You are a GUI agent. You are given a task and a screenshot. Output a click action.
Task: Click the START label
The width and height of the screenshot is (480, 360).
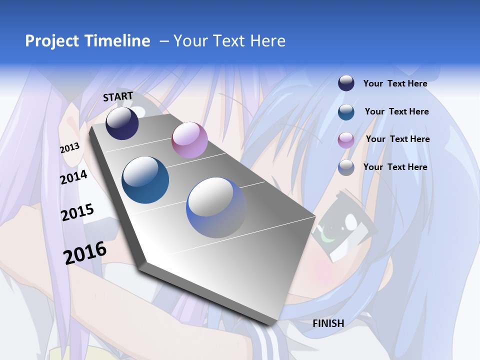click(x=118, y=96)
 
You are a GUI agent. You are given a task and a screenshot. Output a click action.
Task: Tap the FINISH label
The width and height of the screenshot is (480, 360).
click(x=328, y=323)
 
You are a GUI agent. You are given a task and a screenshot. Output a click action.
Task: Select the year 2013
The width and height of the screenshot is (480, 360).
click(x=70, y=148)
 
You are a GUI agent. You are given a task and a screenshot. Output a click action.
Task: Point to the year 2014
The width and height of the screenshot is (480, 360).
click(x=73, y=177)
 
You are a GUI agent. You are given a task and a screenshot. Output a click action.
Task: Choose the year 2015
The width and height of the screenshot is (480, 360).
click(x=77, y=212)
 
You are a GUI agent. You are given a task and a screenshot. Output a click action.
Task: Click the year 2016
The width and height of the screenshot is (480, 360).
click(x=85, y=253)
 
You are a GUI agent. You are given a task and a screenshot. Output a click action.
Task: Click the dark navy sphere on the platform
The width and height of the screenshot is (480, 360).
click(x=122, y=123)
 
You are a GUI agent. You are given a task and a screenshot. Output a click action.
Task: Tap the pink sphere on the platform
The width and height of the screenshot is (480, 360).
click(x=189, y=140)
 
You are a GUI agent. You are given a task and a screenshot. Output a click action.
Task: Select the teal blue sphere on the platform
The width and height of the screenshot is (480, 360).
click(x=145, y=180)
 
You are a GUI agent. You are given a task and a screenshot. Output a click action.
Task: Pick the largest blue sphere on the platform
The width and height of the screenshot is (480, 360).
click(x=216, y=207)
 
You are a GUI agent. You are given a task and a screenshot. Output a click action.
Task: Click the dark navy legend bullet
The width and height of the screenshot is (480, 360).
click(x=346, y=83)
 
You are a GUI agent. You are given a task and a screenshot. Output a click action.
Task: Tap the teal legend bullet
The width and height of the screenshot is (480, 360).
click(x=346, y=112)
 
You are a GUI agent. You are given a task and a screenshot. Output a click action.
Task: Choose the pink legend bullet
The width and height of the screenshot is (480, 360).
click(x=346, y=140)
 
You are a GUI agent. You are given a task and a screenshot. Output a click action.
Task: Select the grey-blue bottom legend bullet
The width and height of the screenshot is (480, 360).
click(x=346, y=167)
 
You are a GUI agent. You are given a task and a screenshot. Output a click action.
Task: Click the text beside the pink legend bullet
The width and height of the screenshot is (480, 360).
click(x=397, y=139)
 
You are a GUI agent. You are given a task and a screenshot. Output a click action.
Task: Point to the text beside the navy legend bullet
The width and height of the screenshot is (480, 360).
click(x=395, y=83)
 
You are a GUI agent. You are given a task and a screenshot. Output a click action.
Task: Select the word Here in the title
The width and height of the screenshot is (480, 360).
click(x=267, y=41)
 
